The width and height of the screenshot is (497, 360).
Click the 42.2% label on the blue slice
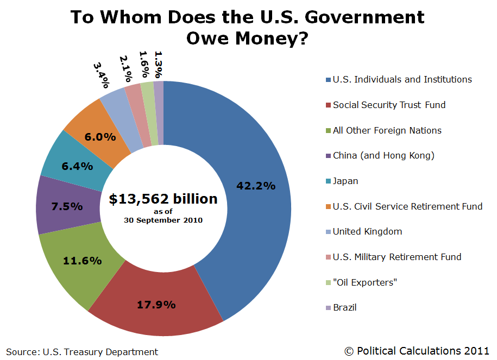[256, 186]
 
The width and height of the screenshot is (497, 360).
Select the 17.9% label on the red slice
[156, 304]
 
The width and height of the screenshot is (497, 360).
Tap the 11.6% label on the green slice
[83, 261]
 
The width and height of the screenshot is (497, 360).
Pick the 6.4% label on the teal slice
[76, 166]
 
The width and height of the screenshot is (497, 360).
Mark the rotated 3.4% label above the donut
[102, 75]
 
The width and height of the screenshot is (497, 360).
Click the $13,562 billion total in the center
[163, 199]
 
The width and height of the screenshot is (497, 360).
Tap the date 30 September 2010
[163, 220]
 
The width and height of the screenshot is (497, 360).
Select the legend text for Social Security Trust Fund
[389, 105]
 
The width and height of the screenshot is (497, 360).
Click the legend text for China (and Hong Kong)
[383, 156]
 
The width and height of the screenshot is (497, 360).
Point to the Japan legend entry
[345, 181]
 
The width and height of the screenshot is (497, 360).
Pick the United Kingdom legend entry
[367, 231]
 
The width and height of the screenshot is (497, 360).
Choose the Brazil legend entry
[345, 307]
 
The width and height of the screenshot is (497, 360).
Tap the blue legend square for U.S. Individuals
[328, 80]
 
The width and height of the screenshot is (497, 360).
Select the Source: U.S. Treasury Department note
[82, 352]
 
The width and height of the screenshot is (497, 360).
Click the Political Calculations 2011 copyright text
[417, 351]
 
